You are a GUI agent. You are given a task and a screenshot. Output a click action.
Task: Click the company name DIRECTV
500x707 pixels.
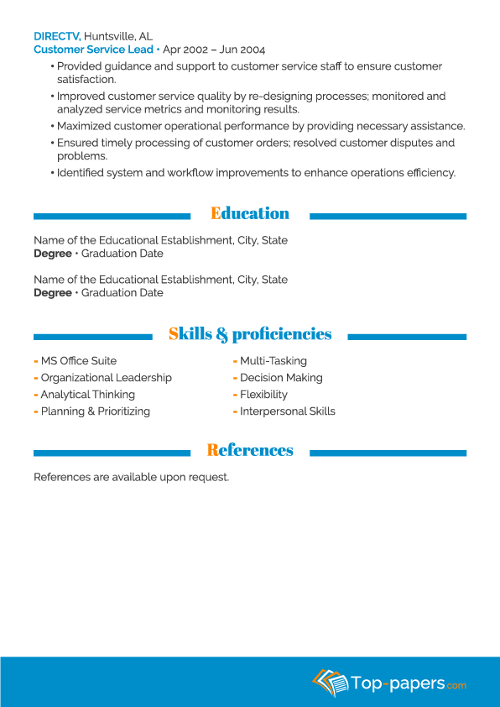coord(56,36)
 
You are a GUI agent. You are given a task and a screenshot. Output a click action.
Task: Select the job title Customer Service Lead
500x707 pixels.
coord(93,50)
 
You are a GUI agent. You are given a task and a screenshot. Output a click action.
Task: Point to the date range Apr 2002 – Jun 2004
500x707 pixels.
coord(214,50)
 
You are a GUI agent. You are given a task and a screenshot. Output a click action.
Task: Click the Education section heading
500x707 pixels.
coord(250,213)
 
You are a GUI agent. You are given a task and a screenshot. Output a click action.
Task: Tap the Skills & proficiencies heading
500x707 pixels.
coord(250,334)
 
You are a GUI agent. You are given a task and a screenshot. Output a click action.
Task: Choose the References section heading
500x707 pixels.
coord(250,450)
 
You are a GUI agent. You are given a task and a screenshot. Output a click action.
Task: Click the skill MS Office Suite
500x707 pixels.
coord(78,361)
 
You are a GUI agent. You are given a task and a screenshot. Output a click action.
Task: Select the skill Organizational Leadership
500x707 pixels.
coord(106,378)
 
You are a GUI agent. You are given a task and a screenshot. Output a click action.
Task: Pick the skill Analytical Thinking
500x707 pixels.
coord(87,395)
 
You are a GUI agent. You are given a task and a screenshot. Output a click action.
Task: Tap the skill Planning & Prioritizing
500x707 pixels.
coord(95,411)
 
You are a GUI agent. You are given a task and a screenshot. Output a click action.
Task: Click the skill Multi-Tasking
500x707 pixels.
coord(273,361)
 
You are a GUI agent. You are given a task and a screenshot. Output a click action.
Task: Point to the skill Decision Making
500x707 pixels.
coord(281,378)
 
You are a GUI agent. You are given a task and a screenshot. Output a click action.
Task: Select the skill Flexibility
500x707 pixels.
coord(263,395)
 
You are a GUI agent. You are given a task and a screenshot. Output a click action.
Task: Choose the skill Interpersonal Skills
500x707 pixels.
coord(287,411)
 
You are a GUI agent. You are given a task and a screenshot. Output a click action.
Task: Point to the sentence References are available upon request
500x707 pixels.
coord(131,477)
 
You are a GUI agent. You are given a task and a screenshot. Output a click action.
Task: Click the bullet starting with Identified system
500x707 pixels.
coord(256,173)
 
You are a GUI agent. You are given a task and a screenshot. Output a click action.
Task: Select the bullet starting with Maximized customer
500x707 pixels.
coord(260,126)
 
